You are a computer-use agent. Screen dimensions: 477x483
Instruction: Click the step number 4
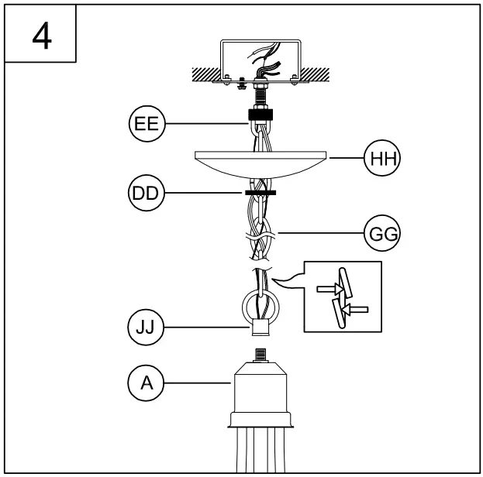coord(42,34)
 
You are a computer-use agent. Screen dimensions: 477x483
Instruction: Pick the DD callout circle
coord(144,193)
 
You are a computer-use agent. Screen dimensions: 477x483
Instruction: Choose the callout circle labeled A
coord(144,382)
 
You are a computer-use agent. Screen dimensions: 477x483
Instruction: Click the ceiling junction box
coord(260,58)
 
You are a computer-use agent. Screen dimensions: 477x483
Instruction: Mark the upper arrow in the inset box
coord(328,290)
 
